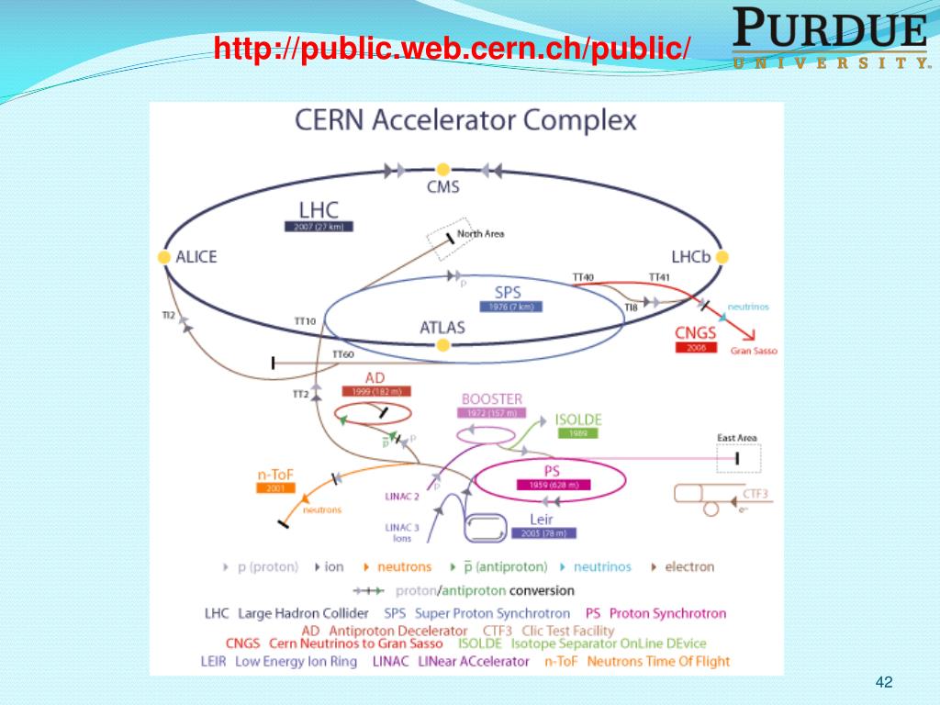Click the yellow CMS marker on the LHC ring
442,169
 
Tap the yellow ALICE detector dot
164,257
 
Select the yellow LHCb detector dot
722,257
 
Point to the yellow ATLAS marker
442,345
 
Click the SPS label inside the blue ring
508,291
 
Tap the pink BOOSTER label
491,399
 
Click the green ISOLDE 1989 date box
577,433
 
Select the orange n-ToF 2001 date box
275,488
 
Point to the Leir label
542,520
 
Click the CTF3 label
755,494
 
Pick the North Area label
481,234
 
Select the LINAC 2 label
401,497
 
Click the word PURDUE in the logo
830,30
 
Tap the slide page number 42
885,681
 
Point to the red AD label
375,377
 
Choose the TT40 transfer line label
583,276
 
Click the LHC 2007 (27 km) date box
319,226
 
